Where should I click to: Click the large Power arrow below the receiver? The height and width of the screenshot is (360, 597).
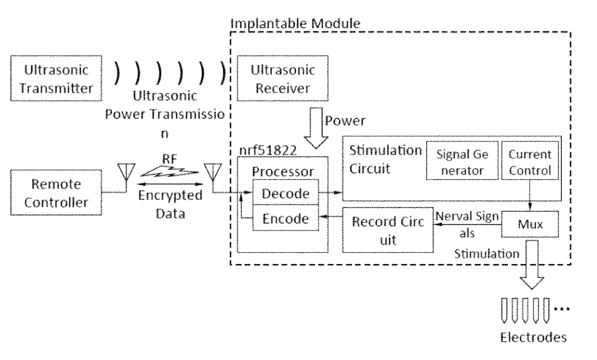click(x=316, y=128)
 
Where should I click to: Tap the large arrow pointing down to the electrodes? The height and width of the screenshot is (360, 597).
click(x=532, y=265)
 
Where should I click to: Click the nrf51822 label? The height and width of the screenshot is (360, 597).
click(x=268, y=150)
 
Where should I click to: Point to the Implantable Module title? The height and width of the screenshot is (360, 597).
click(x=295, y=24)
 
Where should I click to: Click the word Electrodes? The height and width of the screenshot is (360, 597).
click(x=533, y=337)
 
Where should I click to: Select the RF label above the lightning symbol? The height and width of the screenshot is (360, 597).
click(x=169, y=159)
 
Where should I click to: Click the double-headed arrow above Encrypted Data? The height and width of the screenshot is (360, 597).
click(x=170, y=184)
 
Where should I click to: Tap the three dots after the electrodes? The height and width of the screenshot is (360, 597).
click(x=561, y=309)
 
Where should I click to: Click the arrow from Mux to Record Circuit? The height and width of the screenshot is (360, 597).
click(x=467, y=224)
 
